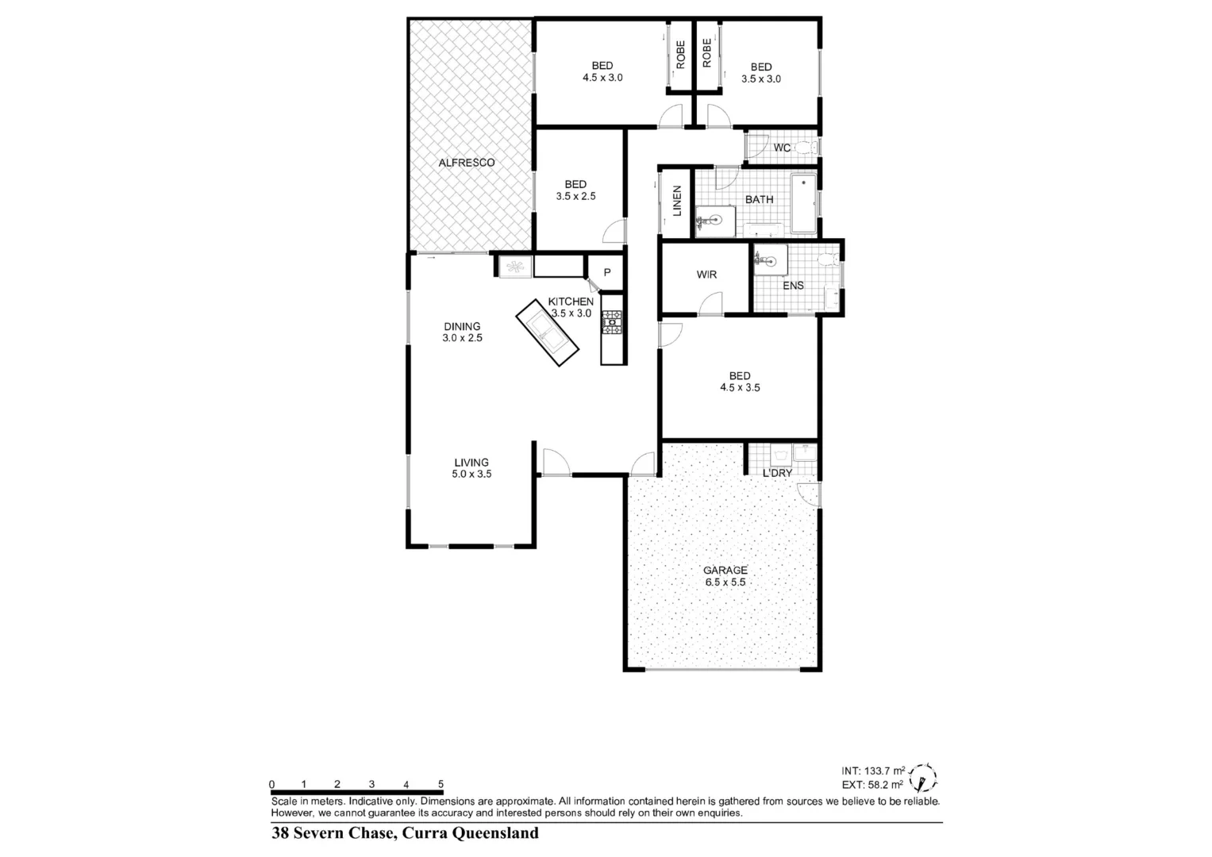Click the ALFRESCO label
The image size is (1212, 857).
467,163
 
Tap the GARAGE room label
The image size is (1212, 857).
725,570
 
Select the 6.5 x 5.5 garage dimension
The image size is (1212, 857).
725,582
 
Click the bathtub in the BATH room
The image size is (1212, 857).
803,203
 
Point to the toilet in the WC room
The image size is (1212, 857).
806,148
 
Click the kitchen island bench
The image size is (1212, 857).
546,332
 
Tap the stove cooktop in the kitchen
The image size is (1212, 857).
612,321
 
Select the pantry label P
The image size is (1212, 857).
607,272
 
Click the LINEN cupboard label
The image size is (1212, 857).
677,202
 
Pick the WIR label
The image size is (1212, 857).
706,275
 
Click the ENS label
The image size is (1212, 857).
793,286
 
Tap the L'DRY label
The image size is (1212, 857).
777,473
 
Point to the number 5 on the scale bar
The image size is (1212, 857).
441,784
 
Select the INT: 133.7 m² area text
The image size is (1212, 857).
873,771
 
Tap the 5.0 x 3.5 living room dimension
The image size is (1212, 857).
471,475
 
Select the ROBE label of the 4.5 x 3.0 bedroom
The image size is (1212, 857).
680,53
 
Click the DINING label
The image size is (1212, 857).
462,326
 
